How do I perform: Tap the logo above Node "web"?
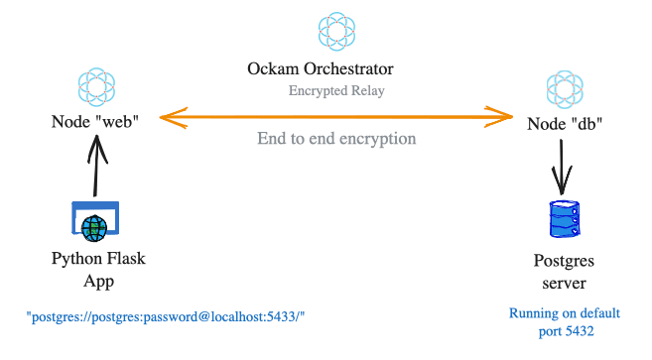click(x=96, y=86)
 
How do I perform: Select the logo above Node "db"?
click(x=565, y=89)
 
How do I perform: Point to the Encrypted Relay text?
click(x=337, y=90)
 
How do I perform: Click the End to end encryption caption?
click(x=336, y=139)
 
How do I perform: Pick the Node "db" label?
click(x=565, y=125)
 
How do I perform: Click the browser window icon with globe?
click(x=95, y=222)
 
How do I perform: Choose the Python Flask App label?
click(x=97, y=270)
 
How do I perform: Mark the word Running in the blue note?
click(x=533, y=313)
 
